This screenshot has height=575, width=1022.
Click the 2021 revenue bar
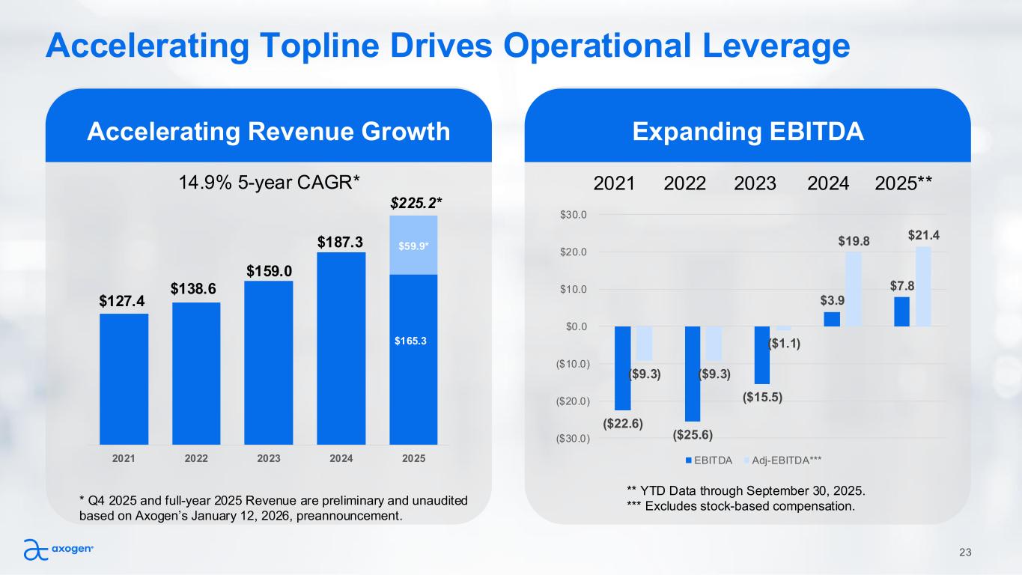[x=124, y=378]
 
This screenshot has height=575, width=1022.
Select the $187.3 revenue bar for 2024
[x=341, y=348]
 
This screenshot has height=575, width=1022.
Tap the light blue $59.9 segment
[x=413, y=245]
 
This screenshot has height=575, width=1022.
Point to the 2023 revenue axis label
[x=269, y=457]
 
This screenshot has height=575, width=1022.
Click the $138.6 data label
[x=196, y=289]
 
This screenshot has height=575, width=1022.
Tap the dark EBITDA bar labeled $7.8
[x=901, y=311]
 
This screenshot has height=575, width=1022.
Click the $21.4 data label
[x=924, y=235]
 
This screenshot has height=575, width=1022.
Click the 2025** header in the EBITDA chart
[x=907, y=183]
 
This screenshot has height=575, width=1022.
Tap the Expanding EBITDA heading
[x=748, y=133]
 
